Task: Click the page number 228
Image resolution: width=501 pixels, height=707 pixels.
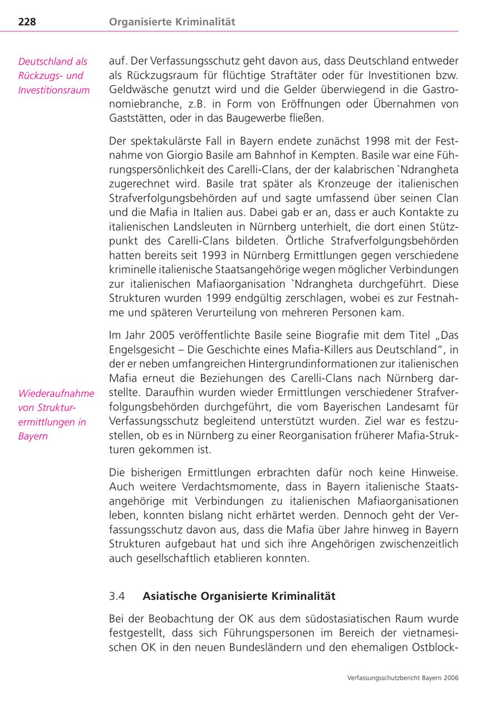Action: click(27, 22)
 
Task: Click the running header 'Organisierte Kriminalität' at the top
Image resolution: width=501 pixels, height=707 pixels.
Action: click(172, 22)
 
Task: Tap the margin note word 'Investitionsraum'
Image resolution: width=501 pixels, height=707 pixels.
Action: click(54, 90)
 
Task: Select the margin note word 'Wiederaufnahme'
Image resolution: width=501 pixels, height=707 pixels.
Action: click(56, 394)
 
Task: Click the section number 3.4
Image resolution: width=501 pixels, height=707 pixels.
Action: click(117, 596)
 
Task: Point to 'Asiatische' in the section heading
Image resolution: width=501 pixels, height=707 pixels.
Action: click(170, 596)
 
